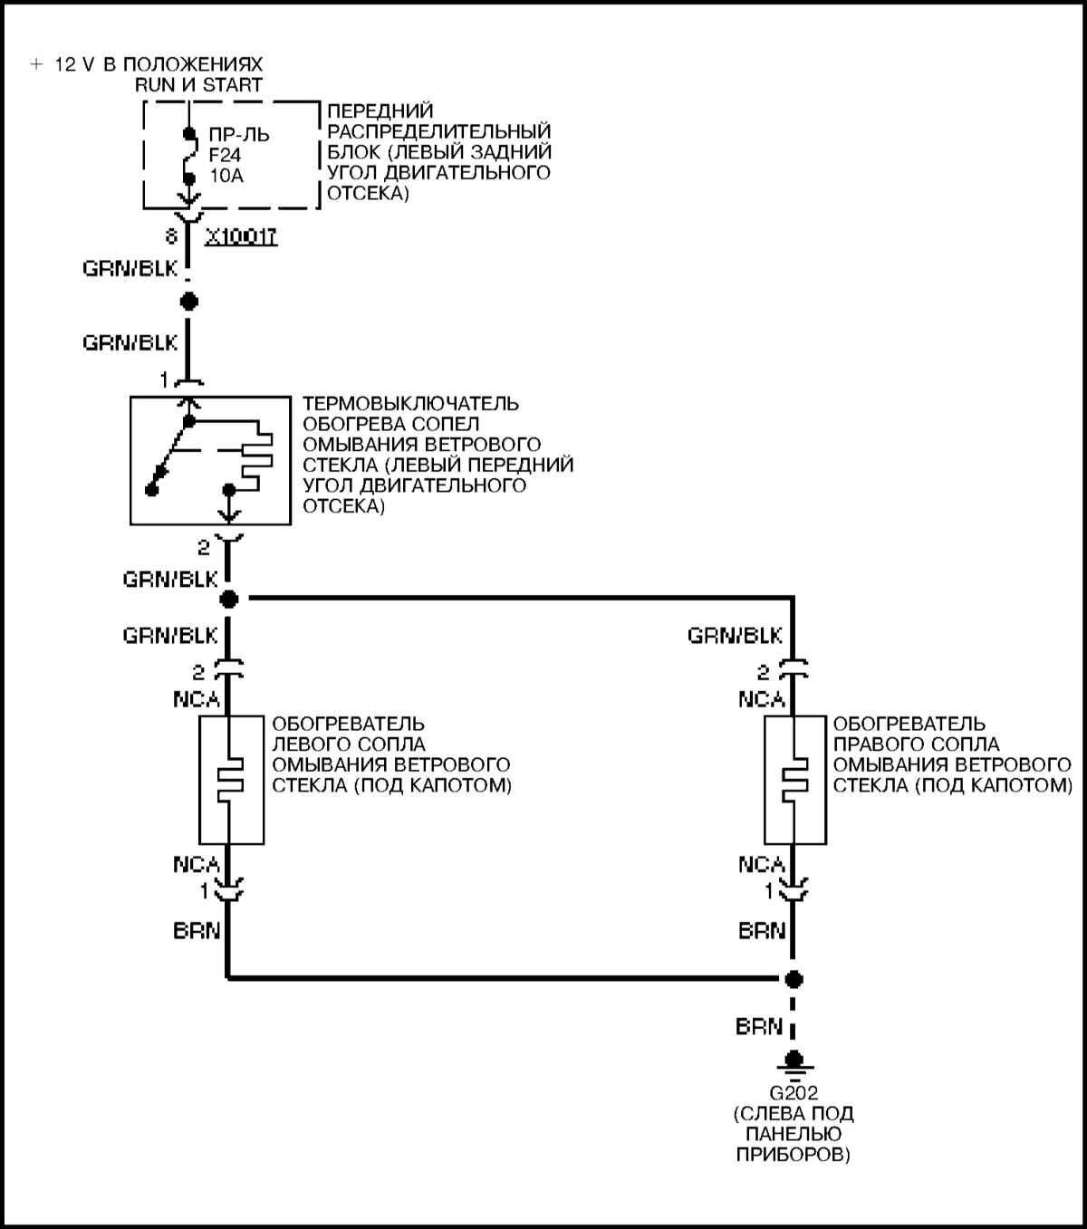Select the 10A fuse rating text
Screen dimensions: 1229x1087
(x=226, y=176)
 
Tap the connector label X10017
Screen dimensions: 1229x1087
(x=241, y=237)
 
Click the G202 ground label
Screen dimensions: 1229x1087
(x=794, y=1093)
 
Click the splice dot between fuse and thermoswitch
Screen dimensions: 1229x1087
(x=188, y=302)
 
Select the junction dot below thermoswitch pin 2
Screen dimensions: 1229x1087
(x=228, y=599)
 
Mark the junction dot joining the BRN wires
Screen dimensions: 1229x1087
(x=794, y=979)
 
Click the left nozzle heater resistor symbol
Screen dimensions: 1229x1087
(x=230, y=779)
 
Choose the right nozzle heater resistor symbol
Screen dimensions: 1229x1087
(x=794, y=779)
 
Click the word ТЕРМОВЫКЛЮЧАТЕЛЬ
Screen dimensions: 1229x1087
(x=411, y=404)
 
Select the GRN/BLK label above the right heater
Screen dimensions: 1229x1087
(x=735, y=635)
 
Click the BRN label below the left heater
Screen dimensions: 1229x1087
(x=197, y=930)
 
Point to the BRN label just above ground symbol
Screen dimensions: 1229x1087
(x=759, y=1027)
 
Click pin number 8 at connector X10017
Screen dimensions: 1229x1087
(x=170, y=237)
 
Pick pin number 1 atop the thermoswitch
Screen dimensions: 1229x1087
(x=164, y=381)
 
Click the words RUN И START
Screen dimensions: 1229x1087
(x=198, y=85)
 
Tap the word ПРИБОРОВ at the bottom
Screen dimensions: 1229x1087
(x=794, y=1154)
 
